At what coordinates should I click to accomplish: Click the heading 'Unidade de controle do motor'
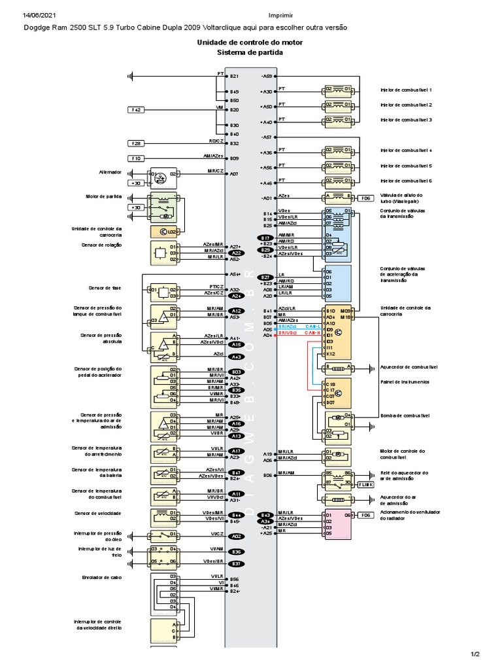250,43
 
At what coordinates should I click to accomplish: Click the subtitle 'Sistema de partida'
250,52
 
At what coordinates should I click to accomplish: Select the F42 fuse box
137,110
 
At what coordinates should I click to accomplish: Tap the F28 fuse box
137,143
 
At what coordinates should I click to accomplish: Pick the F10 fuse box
137,158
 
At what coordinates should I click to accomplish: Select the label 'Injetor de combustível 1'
406,90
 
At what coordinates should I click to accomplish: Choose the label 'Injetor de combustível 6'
406,181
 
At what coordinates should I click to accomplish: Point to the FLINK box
367,484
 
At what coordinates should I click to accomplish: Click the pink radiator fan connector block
338,523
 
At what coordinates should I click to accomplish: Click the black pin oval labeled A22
237,253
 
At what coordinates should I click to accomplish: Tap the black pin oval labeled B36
237,552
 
